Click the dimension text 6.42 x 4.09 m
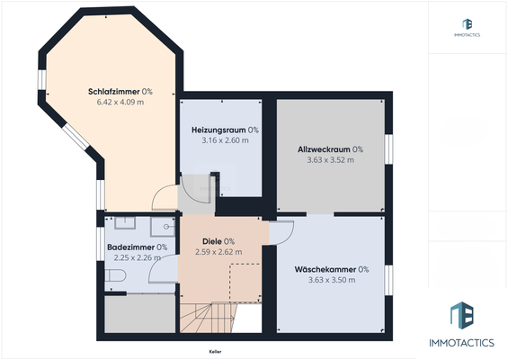click(120, 103)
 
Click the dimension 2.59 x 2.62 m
click(218, 252)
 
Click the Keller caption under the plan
click(215, 351)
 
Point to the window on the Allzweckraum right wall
click(391, 149)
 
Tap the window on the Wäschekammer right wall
click(391, 279)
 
